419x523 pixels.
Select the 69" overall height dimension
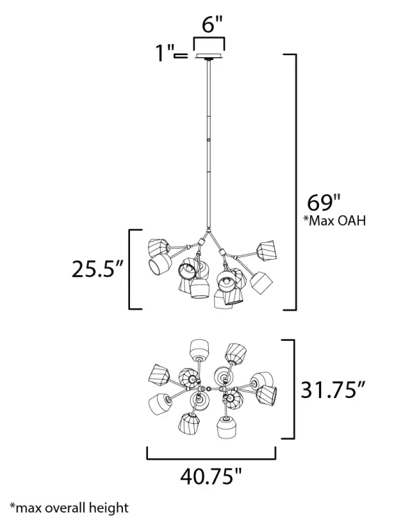[x=323, y=203]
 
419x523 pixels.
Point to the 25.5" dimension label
[x=97, y=268]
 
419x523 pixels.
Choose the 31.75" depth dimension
[x=333, y=389]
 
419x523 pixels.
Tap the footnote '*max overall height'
[x=69, y=508]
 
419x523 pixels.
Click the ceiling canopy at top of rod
[x=209, y=56]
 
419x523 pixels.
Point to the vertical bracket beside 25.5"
[x=131, y=268]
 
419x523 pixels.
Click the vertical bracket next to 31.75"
[x=291, y=389]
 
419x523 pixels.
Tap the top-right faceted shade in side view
[x=266, y=249]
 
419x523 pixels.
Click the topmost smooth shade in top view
[x=200, y=348]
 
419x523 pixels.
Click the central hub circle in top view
[x=209, y=388]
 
